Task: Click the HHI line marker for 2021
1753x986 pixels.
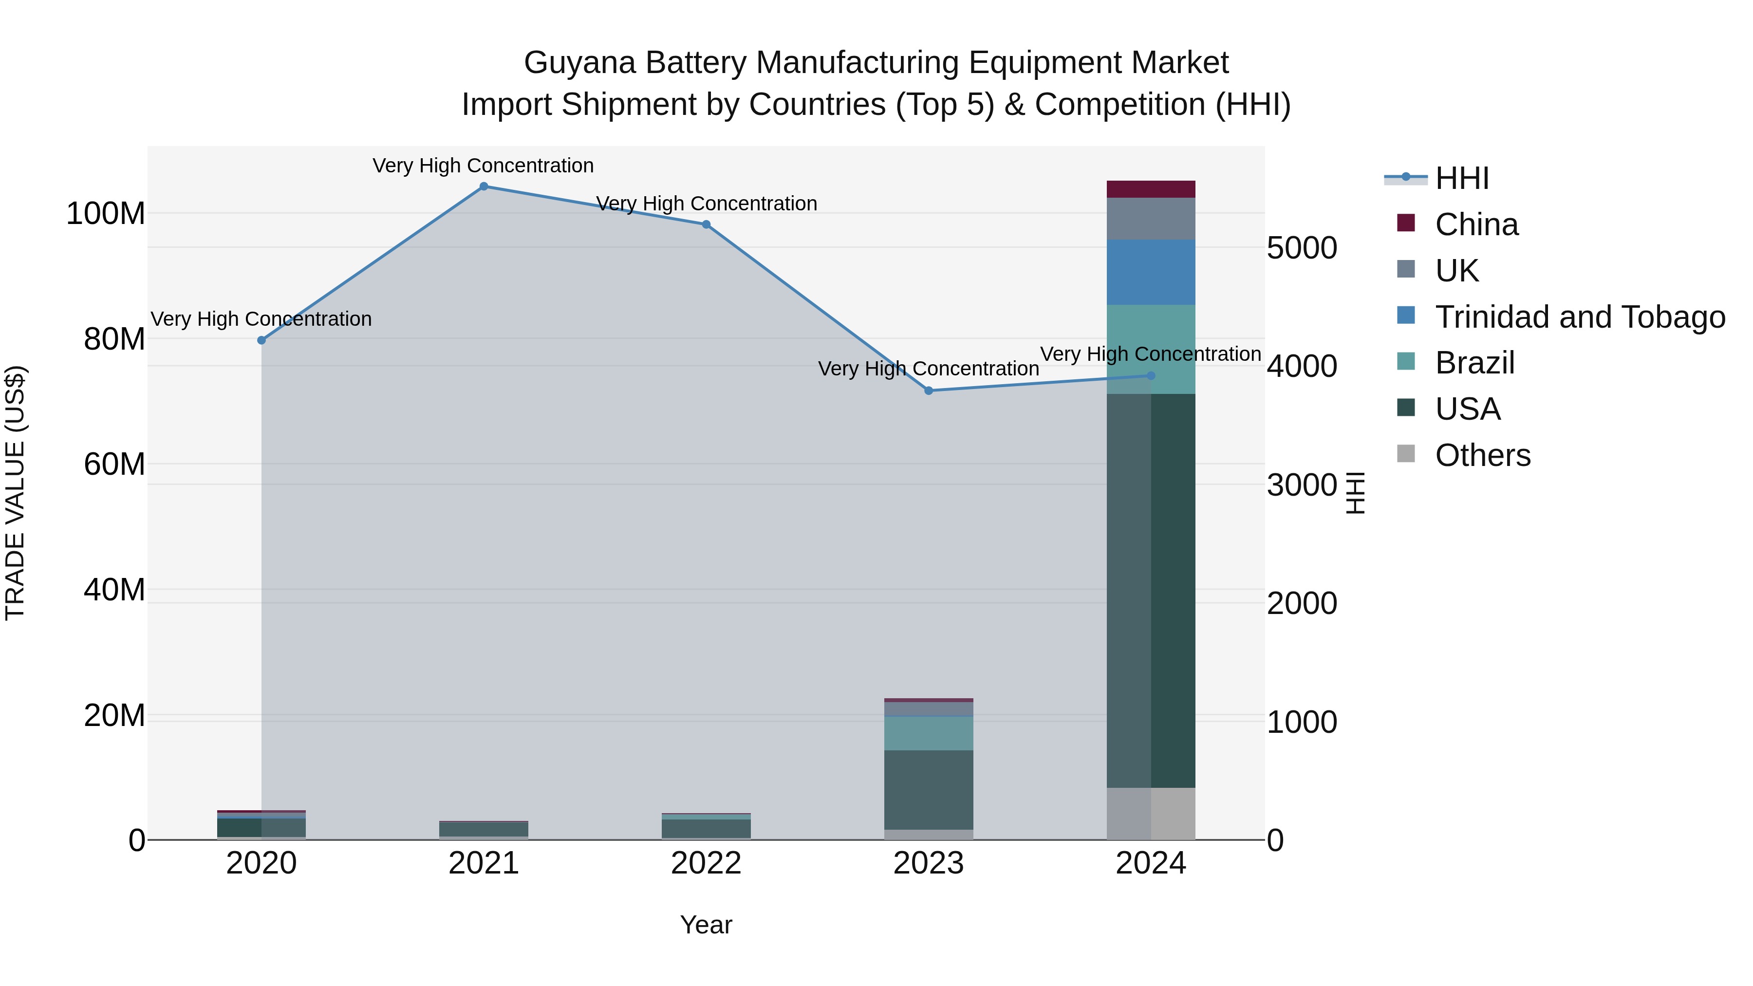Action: tap(484, 186)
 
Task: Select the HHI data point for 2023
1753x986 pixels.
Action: tap(929, 391)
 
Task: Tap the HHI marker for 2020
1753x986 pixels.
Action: tap(261, 340)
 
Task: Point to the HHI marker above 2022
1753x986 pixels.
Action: tap(707, 224)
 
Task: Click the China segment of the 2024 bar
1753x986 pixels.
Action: tap(1151, 189)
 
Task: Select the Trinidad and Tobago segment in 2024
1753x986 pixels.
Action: tap(1151, 272)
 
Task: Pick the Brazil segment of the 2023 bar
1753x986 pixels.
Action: tap(929, 733)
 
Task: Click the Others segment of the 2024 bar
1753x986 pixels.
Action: tap(1151, 813)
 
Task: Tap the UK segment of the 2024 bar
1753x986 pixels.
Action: tap(1151, 219)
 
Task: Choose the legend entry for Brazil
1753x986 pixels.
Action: tap(1474, 363)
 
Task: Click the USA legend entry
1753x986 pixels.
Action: tap(1467, 409)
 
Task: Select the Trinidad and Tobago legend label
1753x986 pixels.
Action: tap(1580, 317)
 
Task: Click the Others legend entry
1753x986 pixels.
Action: tap(1482, 455)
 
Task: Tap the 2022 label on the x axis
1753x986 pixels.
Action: tap(707, 863)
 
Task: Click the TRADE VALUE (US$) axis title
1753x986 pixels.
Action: tap(15, 493)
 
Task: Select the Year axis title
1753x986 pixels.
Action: tap(707, 925)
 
